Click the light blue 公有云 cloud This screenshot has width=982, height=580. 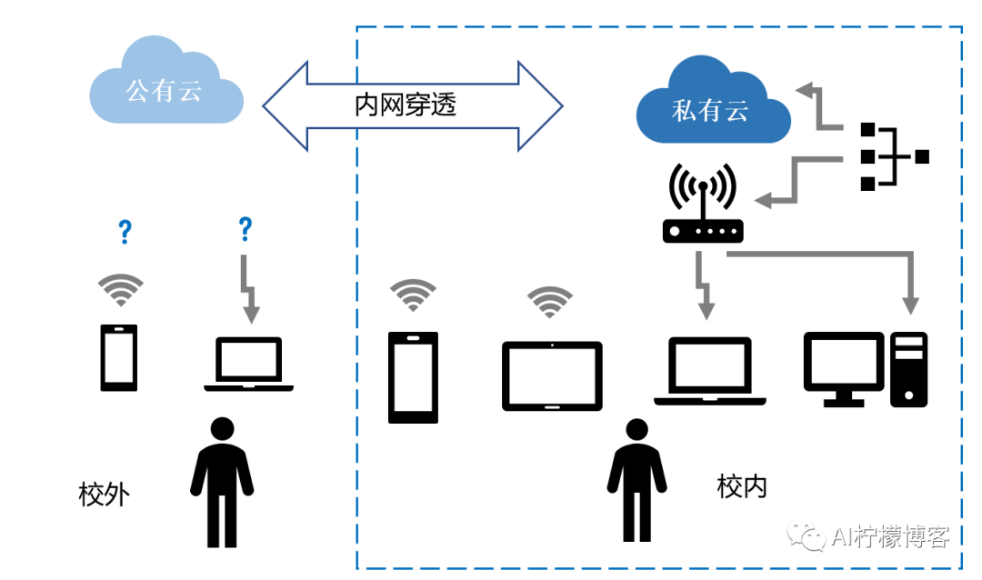click(166, 85)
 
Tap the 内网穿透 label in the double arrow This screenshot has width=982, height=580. click(406, 105)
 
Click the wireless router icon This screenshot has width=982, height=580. click(703, 207)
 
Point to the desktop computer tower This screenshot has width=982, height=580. click(908, 368)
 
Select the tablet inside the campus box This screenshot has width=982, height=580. click(552, 375)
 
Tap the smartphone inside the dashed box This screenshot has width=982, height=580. click(413, 376)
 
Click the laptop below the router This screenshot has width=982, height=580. click(709, 371)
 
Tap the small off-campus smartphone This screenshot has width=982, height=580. click(119, 357)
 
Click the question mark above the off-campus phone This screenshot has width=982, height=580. click(125, 233)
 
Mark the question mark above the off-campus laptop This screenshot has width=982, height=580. click(244, 229)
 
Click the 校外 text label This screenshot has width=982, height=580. click(104, 495)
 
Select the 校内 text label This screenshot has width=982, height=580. click(742, 486)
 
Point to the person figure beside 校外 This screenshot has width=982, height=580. click(221, 482)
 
